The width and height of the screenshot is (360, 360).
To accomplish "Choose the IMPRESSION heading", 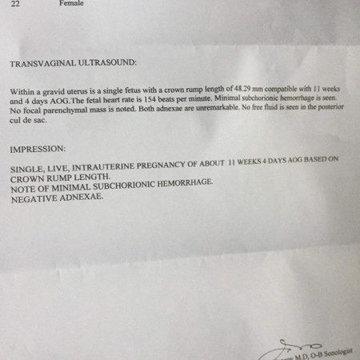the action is (38, 150).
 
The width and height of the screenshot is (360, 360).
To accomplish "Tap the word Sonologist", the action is (339, 350).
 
